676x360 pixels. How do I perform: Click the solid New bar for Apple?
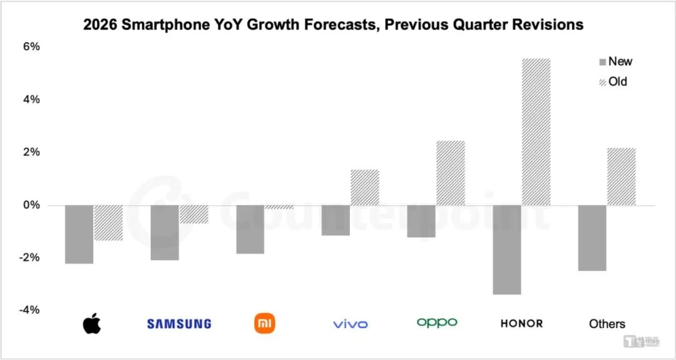point(79,234)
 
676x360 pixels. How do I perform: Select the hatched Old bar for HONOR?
point(536,132)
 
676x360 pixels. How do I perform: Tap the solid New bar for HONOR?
point(507,249)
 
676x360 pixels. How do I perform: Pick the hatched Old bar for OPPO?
point(451,173)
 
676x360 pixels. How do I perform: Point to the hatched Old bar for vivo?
point(365,187)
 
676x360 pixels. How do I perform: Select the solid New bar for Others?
point(592,238)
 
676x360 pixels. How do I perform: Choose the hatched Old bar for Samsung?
point(194,214)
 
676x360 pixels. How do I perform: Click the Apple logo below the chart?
point(91,323)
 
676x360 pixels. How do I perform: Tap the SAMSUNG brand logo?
point(179,324)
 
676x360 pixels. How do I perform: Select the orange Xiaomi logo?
point(265,323)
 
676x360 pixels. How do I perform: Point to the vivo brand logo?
point(351,324)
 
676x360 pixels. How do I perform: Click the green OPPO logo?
point(437,322)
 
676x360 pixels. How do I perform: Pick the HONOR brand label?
point(521,324)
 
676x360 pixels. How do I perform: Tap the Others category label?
point(607,324)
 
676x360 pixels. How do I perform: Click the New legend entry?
point(616,61)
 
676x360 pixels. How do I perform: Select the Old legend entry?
point(613,81)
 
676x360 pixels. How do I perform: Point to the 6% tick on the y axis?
point(32,46)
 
